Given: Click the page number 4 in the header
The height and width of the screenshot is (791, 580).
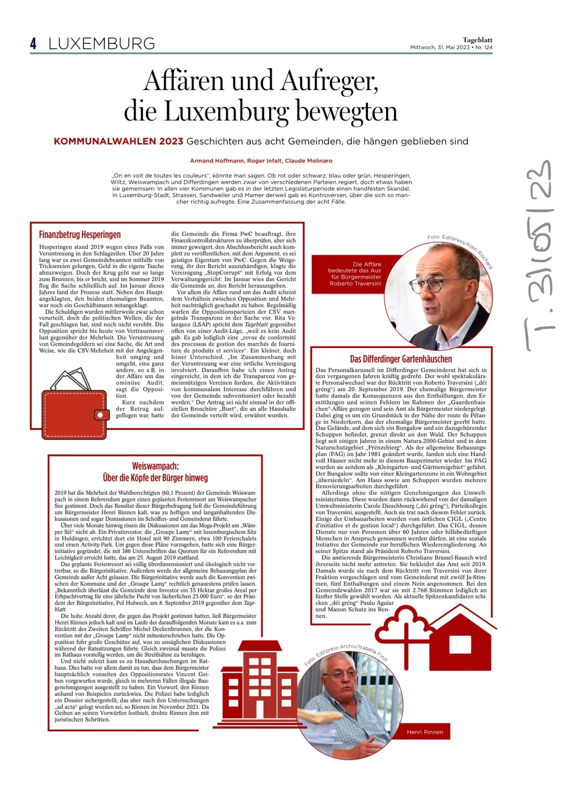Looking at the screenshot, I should [x=34, y=44].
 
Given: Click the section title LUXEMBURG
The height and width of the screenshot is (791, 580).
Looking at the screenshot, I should [x=102, y=44].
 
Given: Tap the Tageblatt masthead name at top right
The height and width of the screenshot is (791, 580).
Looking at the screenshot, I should [x=477, y=40].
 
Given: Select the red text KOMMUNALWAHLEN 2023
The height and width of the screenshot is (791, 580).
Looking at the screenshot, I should [x=119, y=141].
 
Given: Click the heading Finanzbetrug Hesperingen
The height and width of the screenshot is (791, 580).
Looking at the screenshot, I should [x=80, y=235].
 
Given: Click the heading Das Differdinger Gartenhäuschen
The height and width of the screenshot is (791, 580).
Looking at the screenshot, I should [x=401, y=359].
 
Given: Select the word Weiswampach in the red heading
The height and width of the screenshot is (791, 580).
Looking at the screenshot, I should [x=155, y=466].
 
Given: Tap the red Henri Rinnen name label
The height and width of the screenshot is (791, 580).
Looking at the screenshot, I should [x=425, y=732].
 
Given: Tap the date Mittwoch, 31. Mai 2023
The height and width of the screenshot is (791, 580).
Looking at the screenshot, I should [x=440, y=47].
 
